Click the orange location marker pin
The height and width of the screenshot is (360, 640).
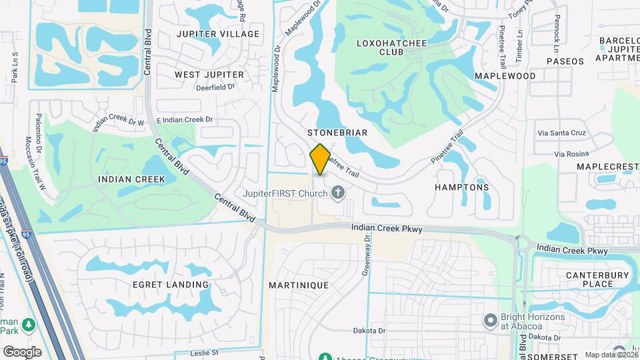click(x=321, y=159)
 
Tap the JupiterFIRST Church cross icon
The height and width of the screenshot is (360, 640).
click(x=338, y=193)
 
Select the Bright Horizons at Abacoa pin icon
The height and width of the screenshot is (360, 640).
click(x=491, y=321)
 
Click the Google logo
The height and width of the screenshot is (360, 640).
click(x=22, y=352)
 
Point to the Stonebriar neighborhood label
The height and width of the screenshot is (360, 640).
click(x=337, y=133)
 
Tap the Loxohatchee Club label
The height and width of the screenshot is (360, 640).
click(x=391, y=47)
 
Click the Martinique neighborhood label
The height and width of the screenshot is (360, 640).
click(x=299, y=285)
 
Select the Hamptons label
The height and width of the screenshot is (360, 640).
click(x=462, y=187)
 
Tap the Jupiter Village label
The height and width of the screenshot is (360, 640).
click(x=218, y=33)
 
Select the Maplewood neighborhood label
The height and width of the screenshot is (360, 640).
click(x=505, y=76)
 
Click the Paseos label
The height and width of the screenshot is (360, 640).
click(x=565, y=61)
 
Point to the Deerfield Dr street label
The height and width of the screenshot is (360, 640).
click(x=215, y=87)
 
